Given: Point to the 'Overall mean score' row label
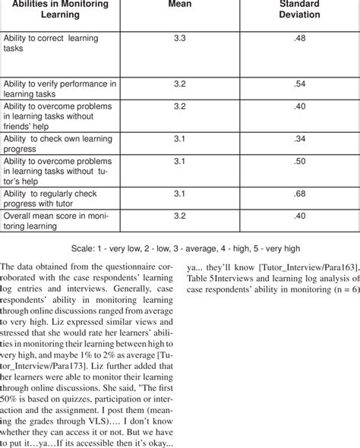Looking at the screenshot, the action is [58, 221].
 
